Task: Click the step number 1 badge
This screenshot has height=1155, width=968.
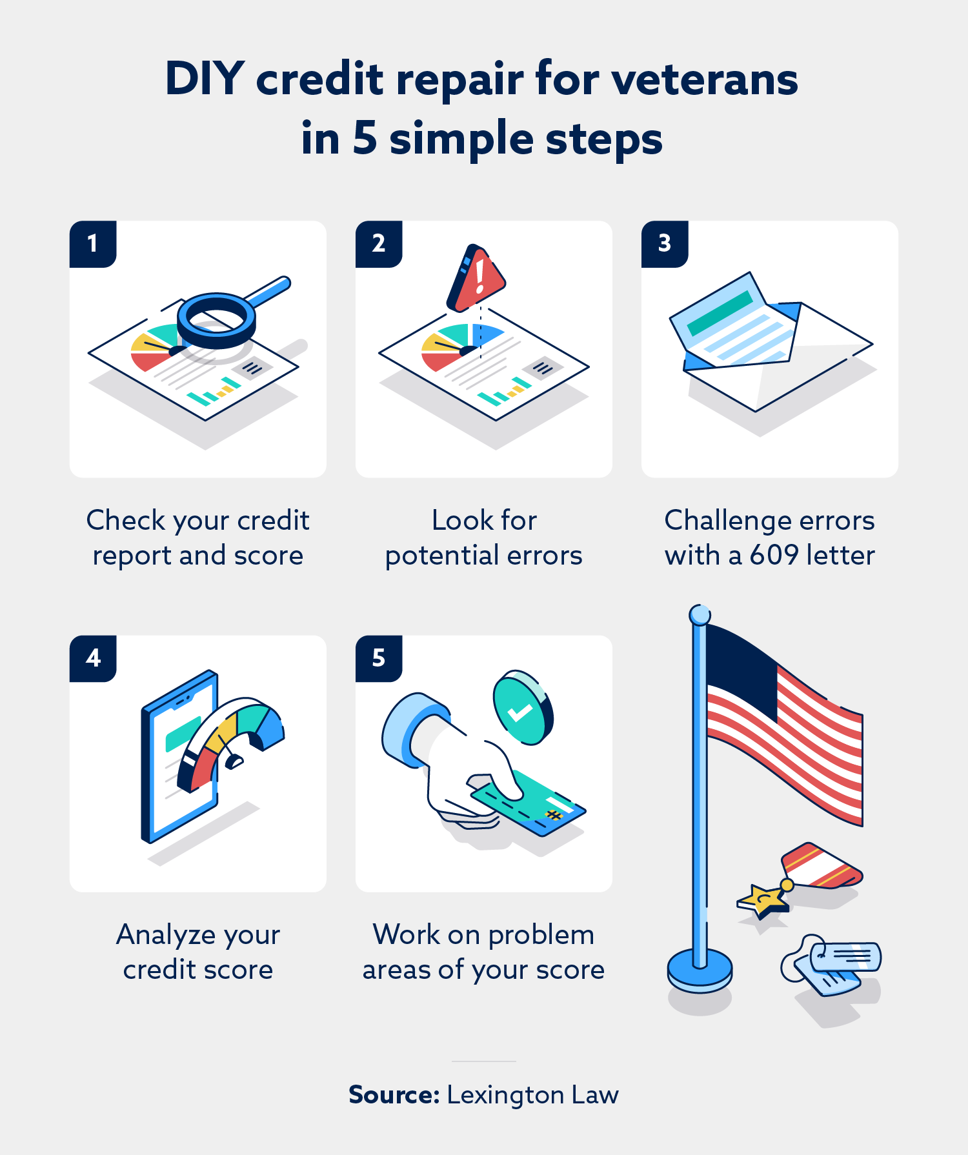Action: click(93, 244)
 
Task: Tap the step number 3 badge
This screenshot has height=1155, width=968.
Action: click(665, 244)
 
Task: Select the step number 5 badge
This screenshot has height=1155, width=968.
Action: click(379, 658)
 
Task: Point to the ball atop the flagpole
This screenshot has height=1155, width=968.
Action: click(700, 615)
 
